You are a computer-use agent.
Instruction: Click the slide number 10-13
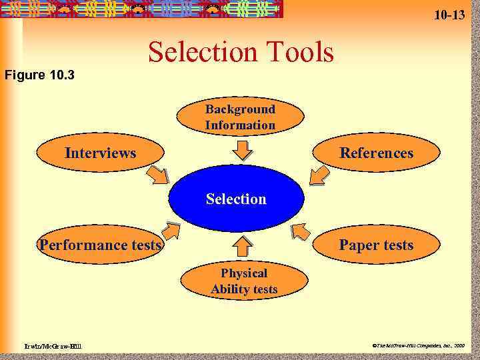449,14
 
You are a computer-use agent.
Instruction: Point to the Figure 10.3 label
39,74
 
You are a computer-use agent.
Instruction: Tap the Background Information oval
240,117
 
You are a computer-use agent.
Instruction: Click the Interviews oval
100,153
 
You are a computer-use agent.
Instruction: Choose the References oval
376,153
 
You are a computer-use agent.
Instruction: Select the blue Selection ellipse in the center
236,199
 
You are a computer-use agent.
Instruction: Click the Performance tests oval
100,245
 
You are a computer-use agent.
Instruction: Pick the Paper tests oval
376,245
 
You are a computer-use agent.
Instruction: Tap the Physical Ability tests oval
244,281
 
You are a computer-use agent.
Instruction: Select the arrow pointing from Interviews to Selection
159,176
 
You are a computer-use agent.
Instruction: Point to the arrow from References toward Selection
319,175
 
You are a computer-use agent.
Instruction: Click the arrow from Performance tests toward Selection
170,231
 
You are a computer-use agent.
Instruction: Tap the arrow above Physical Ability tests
244,247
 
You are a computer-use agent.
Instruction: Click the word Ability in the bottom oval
231,289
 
